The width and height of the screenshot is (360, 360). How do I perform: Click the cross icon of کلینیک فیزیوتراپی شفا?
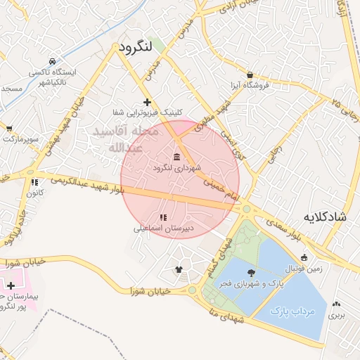click(x=147, y=103)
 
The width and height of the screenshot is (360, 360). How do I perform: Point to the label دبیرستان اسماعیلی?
click(x=162, y=229)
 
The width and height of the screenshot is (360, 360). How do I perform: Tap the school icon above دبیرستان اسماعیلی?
click(x=163, y=217)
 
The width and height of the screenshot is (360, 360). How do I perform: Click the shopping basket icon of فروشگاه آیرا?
click(x=251, y=75)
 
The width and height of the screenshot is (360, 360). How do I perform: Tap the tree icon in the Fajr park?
click(x=251, y=272)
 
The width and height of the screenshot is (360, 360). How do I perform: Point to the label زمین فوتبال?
click(x=303, y=269)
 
